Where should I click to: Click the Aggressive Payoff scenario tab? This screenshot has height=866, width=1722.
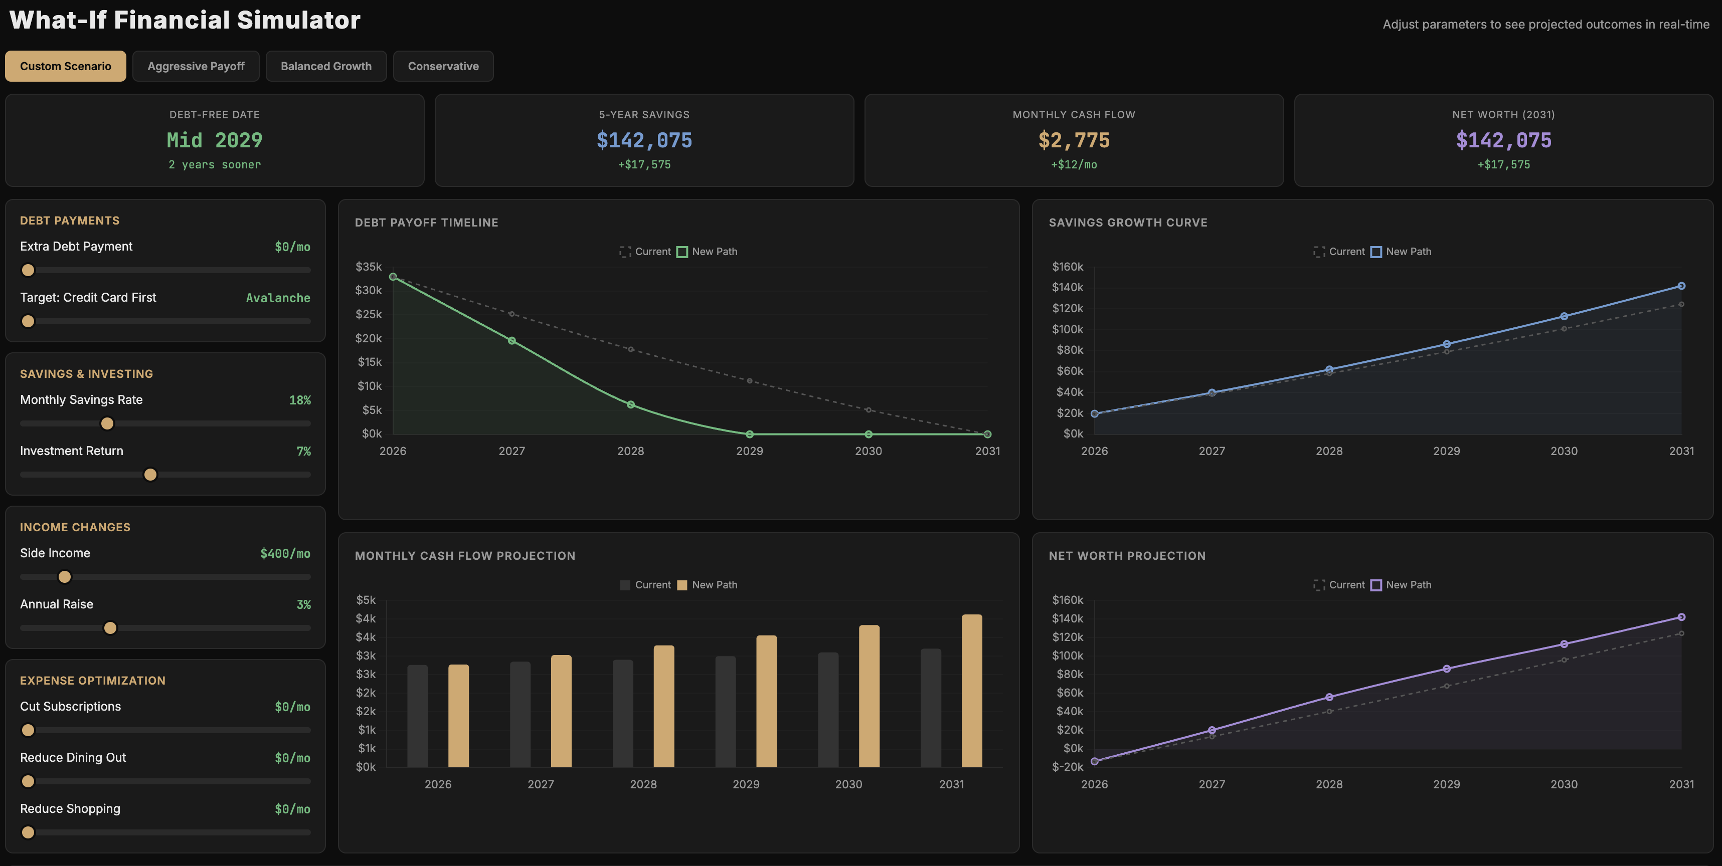196,66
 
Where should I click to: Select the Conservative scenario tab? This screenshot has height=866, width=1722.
443,66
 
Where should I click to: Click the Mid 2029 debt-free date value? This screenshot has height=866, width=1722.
215,140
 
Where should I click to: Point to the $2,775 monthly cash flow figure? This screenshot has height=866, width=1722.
1074,140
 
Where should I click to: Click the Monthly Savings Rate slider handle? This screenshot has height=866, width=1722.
107,423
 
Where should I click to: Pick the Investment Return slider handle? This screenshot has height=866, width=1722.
150,475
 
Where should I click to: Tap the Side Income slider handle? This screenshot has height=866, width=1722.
65,577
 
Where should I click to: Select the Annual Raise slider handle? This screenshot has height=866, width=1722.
110,628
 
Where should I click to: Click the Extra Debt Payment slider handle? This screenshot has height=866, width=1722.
28,271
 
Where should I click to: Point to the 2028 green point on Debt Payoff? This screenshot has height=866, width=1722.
630,405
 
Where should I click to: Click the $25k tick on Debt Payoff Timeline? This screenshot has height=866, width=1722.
369,314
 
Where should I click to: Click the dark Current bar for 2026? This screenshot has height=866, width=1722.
417,716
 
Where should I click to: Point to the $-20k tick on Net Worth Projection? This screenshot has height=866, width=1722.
1068,766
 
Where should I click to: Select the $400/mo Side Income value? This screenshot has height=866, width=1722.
285,553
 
